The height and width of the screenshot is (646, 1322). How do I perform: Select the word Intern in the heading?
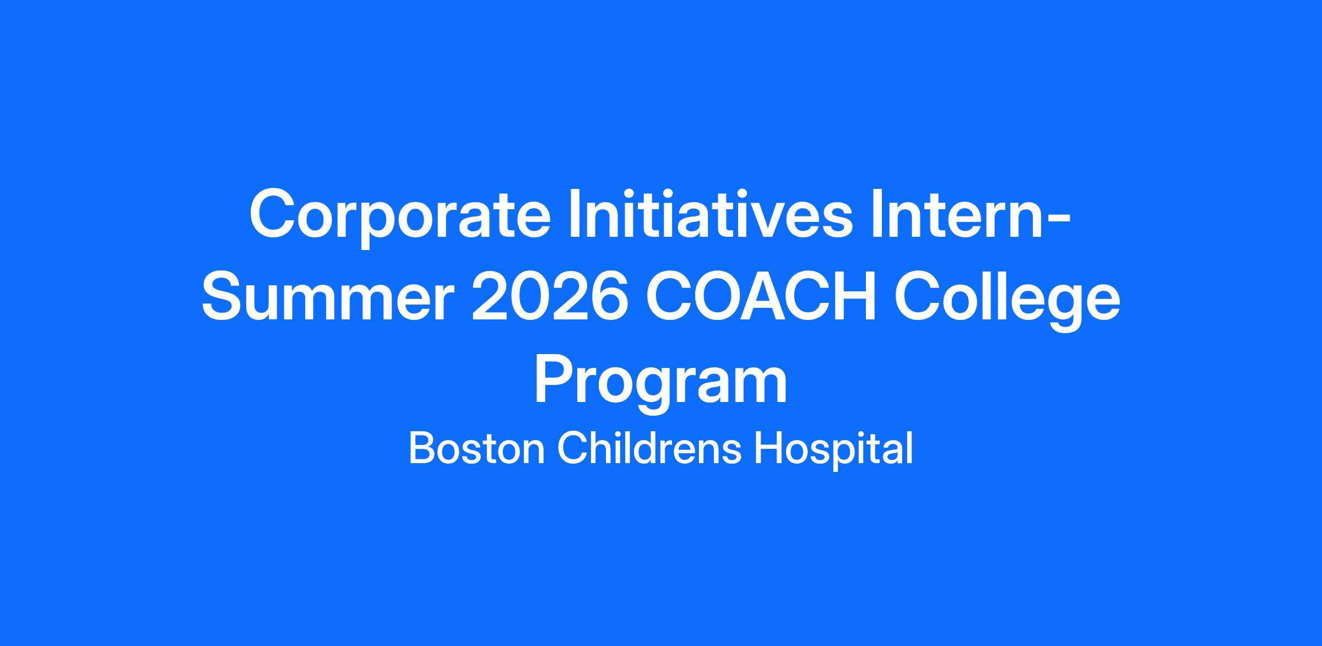tap(956, 214)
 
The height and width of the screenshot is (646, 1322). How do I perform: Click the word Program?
tap(661, 385)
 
